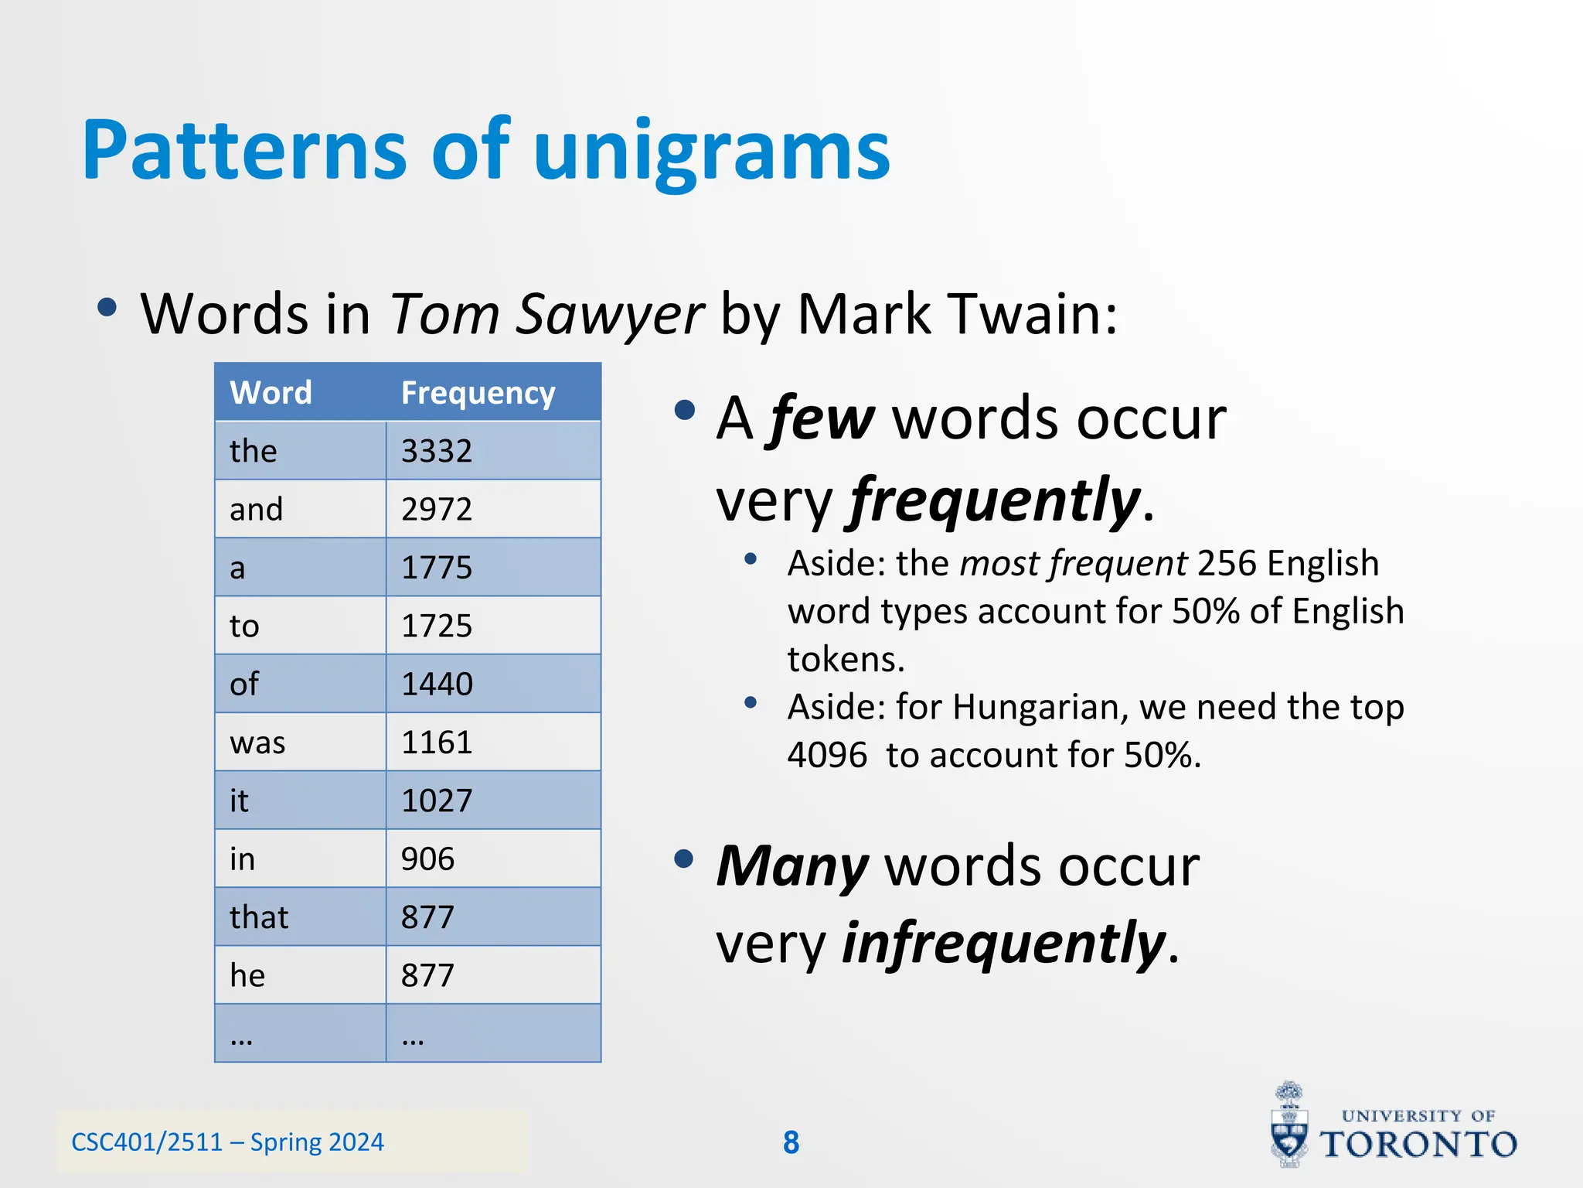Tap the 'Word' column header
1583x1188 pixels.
pos(271,393)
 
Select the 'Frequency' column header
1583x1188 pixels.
pos(478,393)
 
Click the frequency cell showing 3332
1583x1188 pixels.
pos(437,451)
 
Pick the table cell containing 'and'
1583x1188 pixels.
pos(257,510)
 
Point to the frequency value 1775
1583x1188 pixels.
pos(437,568)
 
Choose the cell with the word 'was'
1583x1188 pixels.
pos(257,742)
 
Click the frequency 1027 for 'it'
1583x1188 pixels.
pos(437,801)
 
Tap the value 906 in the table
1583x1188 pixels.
pos(427,859)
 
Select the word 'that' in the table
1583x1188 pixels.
pos(259,917)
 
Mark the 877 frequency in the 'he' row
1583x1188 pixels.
pos(427,975)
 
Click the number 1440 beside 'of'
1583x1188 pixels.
pos(437,684)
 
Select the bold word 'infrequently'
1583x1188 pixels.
pos(1003,944)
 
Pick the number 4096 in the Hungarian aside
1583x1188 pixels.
pos(827,755)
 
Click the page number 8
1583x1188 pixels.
pos(791,1142)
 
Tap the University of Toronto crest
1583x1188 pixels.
pos(1289,1125)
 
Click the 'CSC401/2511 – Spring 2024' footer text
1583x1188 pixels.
pos(227,1142)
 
